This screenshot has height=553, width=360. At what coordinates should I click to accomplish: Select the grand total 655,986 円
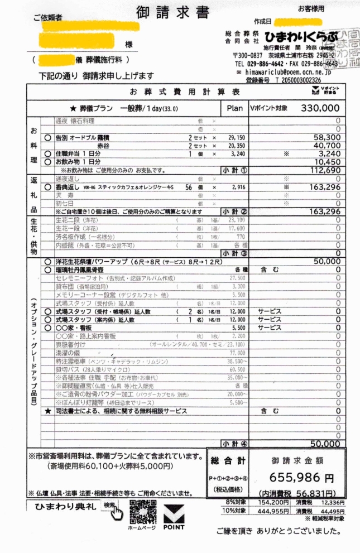[x=301, y=478]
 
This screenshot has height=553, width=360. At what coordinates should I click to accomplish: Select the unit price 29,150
[x=237, y=137]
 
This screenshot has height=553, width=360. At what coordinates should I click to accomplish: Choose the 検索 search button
[x=110, y=506]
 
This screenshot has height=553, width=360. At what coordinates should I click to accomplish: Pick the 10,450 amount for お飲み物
[x=327, y=162]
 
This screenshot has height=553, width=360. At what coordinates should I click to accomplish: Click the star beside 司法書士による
[x=48, y=411]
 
